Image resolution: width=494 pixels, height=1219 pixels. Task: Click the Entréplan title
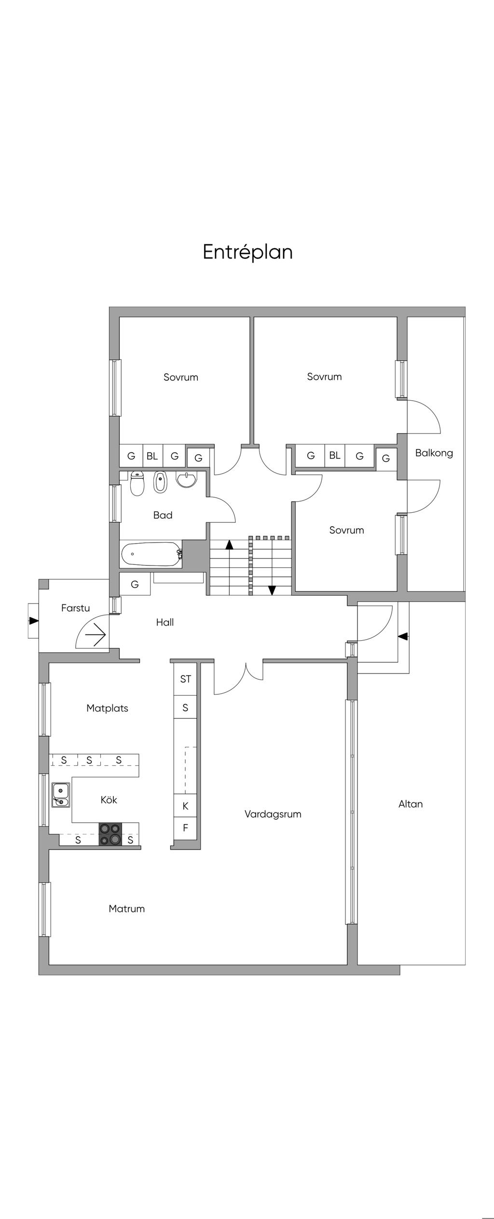tap(247, 252)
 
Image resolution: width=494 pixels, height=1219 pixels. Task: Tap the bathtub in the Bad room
tap(151, 554)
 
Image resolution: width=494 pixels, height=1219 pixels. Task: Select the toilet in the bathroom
tap(137, 483)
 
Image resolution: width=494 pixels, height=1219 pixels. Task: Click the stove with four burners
tap(110, 834)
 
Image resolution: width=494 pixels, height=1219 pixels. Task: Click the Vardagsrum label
tap(273, 814)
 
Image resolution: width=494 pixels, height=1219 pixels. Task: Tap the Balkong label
tap(434, 453)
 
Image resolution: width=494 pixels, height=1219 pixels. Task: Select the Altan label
tap(411, 804)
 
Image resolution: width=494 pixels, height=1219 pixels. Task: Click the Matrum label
tap(126, 909)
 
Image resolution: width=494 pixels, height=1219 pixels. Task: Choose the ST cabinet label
tap(185, 679)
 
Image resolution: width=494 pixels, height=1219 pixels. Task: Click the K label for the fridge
tap(185, 806)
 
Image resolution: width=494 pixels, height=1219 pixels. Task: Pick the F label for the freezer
tap(185, 828)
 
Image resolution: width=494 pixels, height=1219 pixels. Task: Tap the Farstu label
tap(75, 608)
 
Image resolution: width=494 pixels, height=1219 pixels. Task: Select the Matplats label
tap(107, 708)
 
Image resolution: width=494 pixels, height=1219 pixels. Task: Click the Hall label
tap(165, 622)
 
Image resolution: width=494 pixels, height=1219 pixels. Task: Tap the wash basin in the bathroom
tap(186, 479)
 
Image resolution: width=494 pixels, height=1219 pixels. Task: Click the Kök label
tap(109, 799)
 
